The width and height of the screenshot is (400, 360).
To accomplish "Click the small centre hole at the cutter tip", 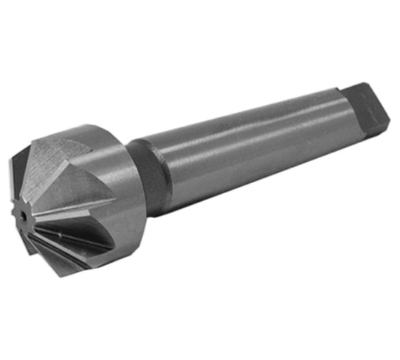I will [x=24, y=213].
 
